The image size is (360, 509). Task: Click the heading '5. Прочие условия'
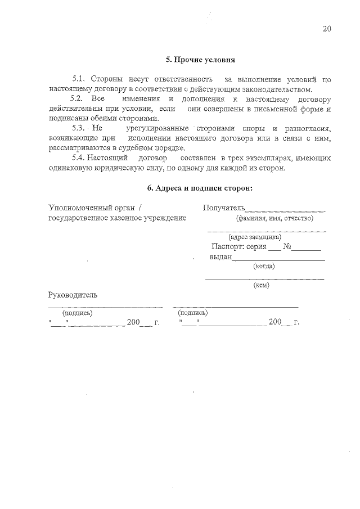[200, 59]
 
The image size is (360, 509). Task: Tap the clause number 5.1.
[79, 80]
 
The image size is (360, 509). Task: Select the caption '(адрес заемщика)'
[263, 237]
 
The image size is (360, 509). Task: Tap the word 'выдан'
[220, 257]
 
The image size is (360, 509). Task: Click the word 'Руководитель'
[73, 294]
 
